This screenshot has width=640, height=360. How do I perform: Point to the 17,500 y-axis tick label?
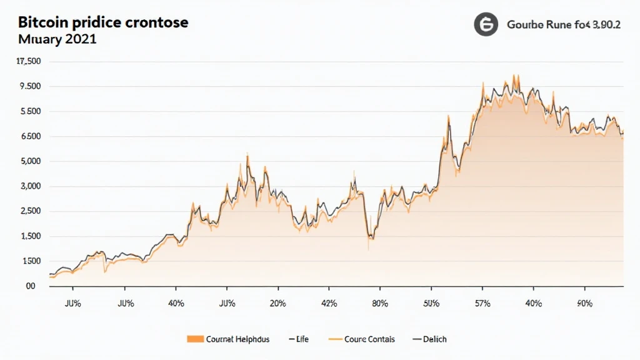click(x=29, y=61)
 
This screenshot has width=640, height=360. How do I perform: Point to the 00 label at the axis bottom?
click(x=30, y=286)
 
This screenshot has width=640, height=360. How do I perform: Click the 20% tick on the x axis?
click(x=278, y=304)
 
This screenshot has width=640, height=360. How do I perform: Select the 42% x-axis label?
click(x=329, y=304)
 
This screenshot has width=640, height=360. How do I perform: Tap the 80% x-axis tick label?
click(x=380, y=304)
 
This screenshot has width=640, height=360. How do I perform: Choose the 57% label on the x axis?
click(x=482, y=304)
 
